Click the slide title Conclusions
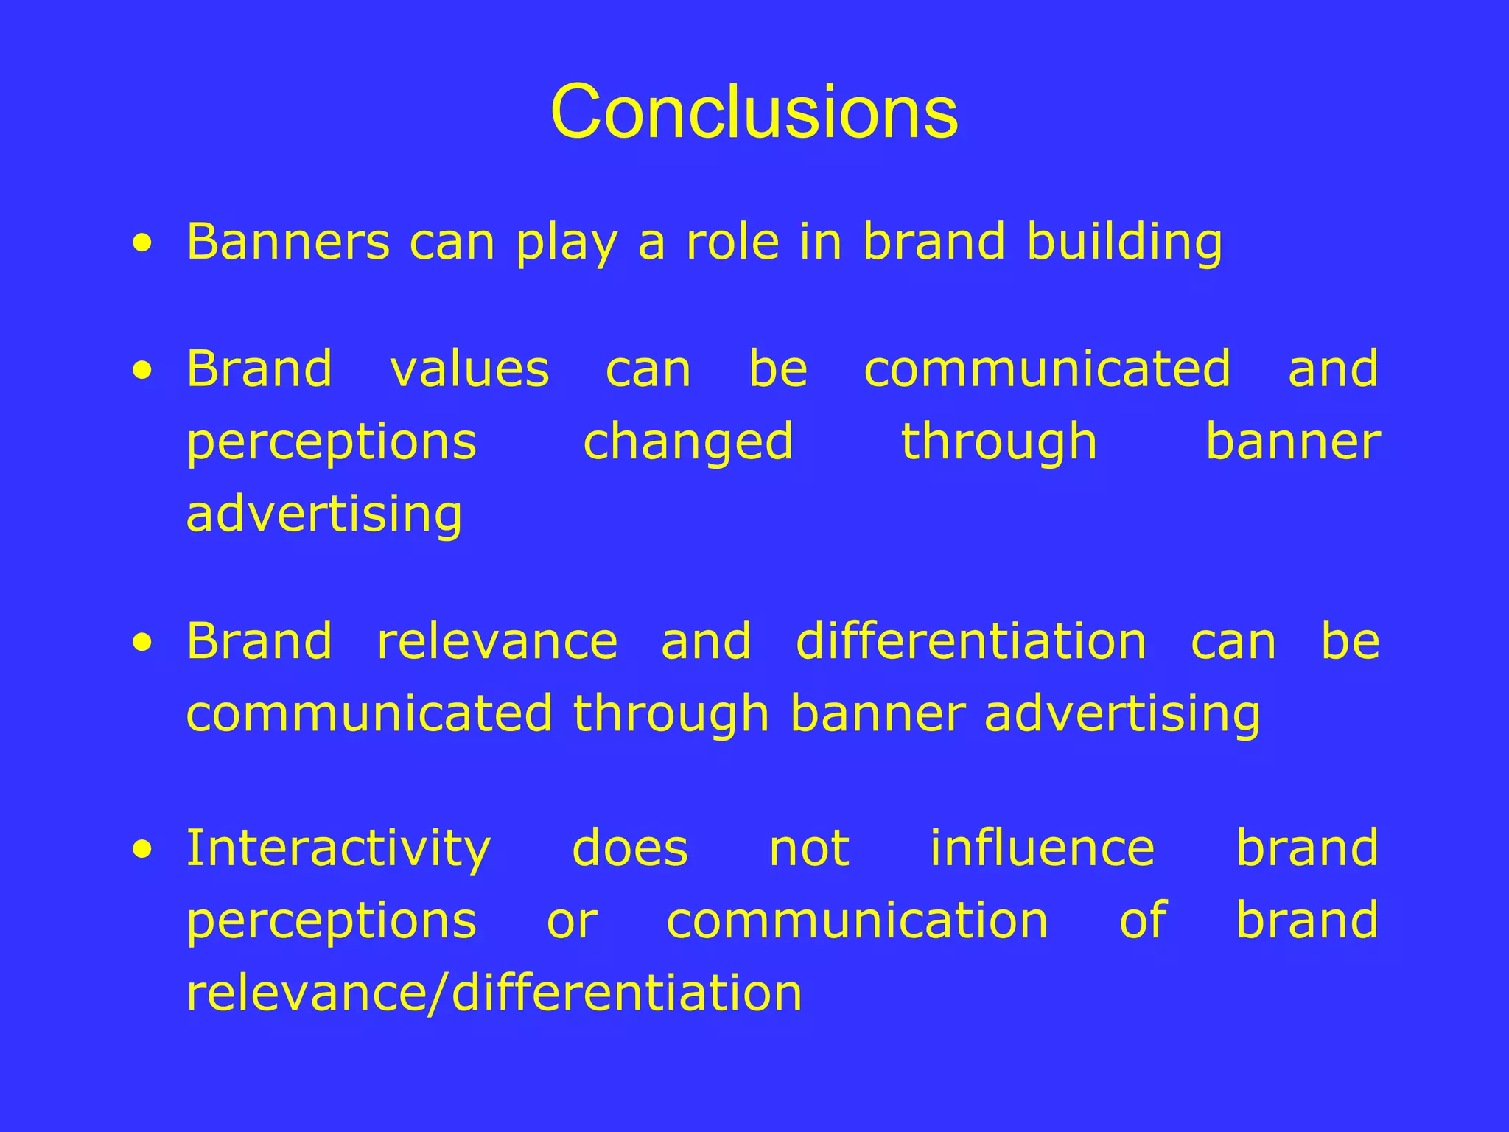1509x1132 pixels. point(754,112)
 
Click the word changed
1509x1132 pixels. point(688,442)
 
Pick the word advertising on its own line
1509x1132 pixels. point(324,514)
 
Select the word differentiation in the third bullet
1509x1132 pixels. point(970,641)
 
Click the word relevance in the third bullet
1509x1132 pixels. point(497,641)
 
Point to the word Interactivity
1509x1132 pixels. point(338,848)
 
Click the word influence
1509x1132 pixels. point(1042,848)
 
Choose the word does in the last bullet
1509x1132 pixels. point(630,848)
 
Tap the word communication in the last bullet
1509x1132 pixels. point(857,921)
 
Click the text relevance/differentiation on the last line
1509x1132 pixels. point(494,993)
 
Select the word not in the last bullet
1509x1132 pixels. point(809,848)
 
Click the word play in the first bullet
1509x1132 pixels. point(566,243)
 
